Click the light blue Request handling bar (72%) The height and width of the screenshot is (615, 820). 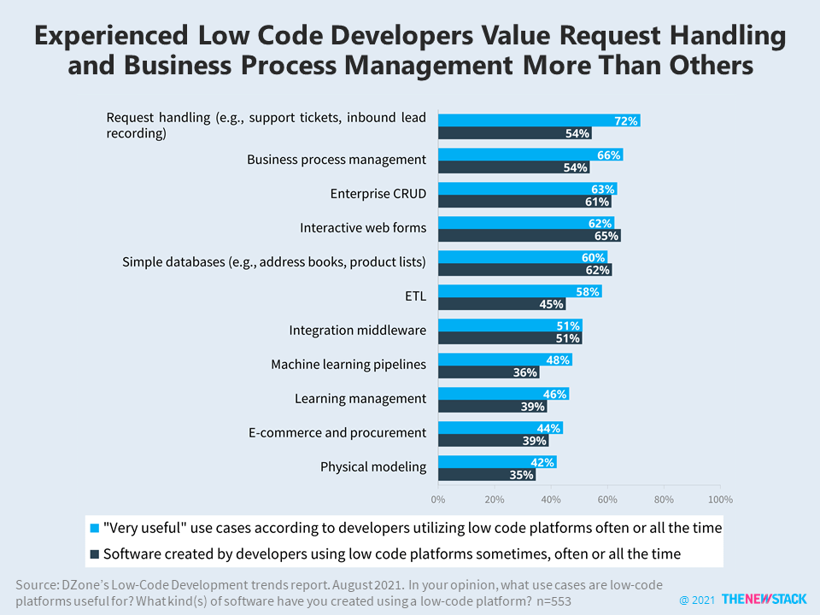click(x=539, y=120)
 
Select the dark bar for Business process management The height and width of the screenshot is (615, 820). click(x=513, y=167)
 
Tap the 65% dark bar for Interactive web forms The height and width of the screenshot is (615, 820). click(x=529, y=236)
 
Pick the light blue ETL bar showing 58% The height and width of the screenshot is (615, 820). click(x=519, y=291)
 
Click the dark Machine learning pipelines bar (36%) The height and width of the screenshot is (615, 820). click(x=489, y=372)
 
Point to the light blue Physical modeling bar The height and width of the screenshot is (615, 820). click(x=497, y=462)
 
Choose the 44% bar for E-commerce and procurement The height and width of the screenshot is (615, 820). click(x=500, y=428)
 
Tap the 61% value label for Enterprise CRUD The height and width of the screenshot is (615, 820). click(x=598, y=202)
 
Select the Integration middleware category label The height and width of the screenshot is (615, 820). click(x=357, y=331)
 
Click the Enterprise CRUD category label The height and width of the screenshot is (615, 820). click(x=378, y=194)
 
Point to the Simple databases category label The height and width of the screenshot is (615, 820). click(x=274, y=262)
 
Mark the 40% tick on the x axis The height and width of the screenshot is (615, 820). click(x=551, y=499)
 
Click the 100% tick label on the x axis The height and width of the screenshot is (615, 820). click(x=719, y=499)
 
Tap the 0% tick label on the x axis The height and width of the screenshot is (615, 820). click(x=438, y=499)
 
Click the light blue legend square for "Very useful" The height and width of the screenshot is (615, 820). click(x=94, y=528)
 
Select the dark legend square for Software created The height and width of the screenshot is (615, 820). click(x=94, y=553)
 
